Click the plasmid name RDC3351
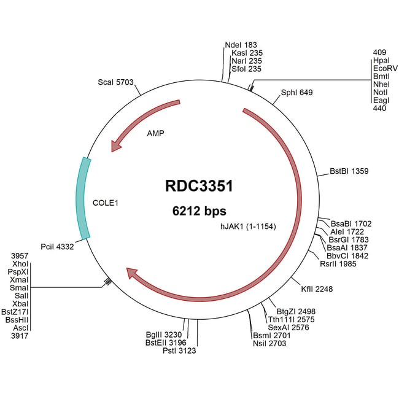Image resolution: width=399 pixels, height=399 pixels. [199, 186]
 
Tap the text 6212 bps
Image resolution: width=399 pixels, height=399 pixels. [199, 211]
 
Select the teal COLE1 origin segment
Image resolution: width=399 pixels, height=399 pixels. [83, 198]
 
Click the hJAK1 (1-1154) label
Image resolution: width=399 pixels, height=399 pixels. [248, 226]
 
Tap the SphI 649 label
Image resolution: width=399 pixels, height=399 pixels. [296, 93]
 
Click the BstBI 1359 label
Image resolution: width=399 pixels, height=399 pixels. [349, 171]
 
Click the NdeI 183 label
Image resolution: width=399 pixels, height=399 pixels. [238, 45]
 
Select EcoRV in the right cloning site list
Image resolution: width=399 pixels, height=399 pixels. [385, 68]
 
